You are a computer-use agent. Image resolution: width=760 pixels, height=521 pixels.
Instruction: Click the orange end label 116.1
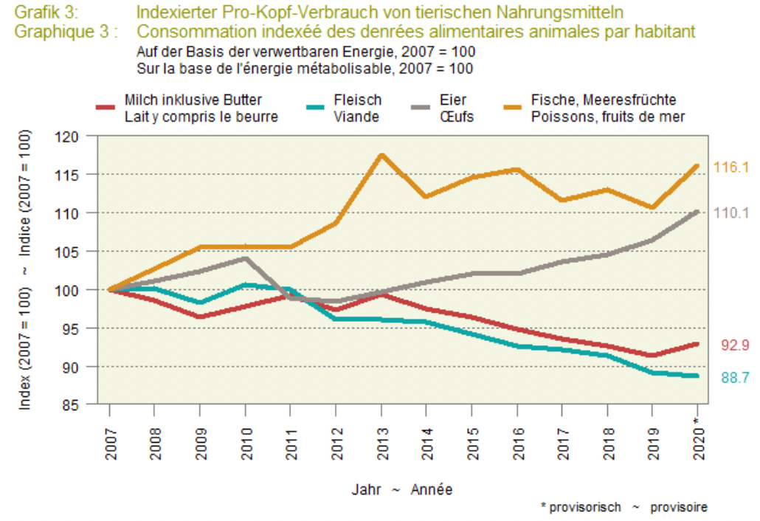click(x=731, y=168)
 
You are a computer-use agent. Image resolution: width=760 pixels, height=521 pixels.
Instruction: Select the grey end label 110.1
click(x=731, y=213)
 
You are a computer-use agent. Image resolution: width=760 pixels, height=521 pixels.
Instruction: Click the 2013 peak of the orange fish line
click(x=381, y=155)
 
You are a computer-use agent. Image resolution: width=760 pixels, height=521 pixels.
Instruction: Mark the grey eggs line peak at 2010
click(x=245, y=258)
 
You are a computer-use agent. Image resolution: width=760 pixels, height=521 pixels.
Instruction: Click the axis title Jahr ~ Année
click(x=402, y=489)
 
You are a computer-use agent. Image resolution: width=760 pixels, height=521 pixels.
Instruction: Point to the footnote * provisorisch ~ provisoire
click(x=623, y=508)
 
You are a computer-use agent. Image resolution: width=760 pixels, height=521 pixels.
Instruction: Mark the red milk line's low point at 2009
click(x=199, y=317)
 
